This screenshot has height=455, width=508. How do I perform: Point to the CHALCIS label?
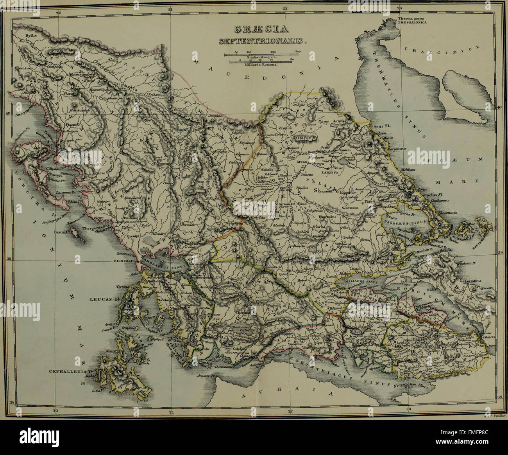(x=490, y=337)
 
